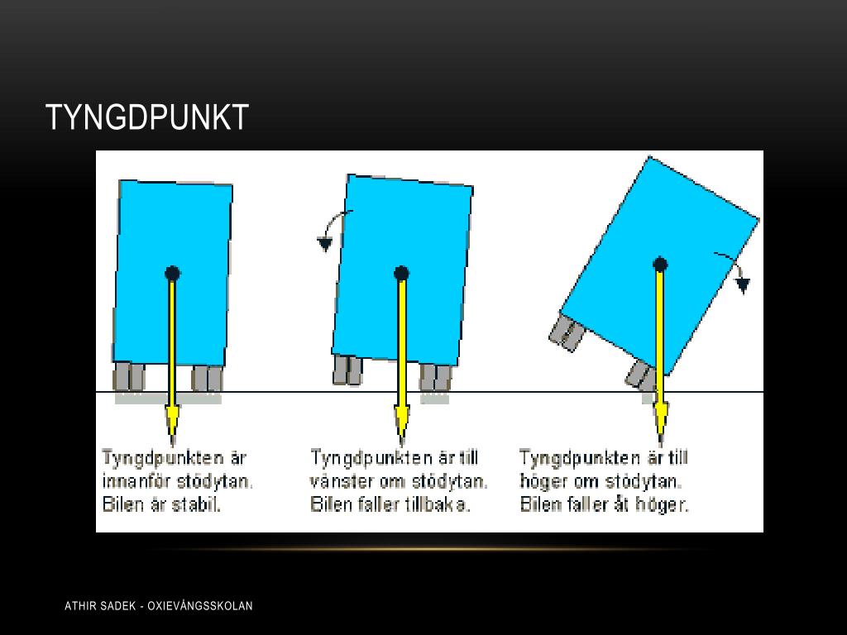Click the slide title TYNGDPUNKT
coord(147,117)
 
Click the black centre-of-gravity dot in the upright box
coord(172,274)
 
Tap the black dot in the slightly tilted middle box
coord(401,274)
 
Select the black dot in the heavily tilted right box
coord(660,265)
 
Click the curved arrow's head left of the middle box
coord(324,245)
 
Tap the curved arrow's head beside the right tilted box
coord(744,285)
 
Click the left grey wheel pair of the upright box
coord(129,377)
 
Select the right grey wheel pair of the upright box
coord(208,378)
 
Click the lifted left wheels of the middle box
coord(348,370)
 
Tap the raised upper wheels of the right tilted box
coord(567,333)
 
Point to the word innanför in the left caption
coord(135,481)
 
